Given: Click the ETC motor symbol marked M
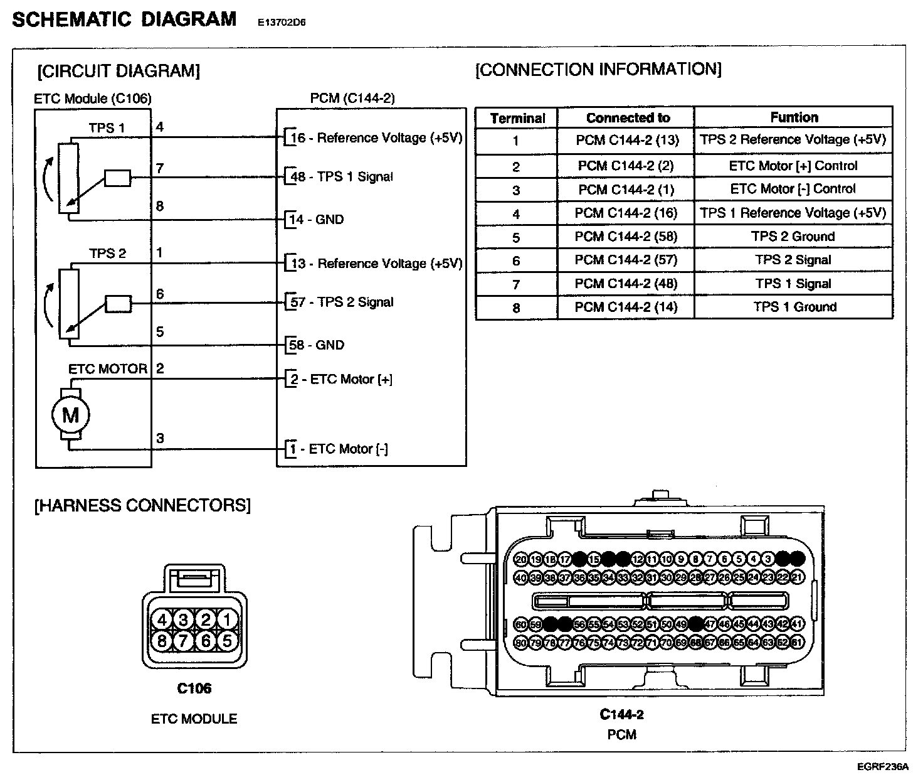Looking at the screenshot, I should [70, 415].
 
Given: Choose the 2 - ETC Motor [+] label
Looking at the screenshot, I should [342, 379].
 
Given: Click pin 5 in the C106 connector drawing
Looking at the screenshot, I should [227, 640].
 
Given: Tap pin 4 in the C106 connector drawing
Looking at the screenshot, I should [162, 620].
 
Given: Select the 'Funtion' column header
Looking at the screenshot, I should [794, 117].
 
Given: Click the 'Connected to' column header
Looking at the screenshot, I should [628, 117].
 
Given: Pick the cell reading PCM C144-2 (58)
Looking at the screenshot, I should [626, 237].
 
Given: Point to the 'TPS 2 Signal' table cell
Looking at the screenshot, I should [793, 260].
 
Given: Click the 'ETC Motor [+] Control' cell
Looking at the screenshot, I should [793, 166].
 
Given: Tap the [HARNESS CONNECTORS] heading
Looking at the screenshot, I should [143, 505].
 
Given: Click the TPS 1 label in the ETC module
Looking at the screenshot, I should [107, 128].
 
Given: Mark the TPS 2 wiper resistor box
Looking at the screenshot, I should [119, 304].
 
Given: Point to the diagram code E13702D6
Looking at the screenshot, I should [282, 23].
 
